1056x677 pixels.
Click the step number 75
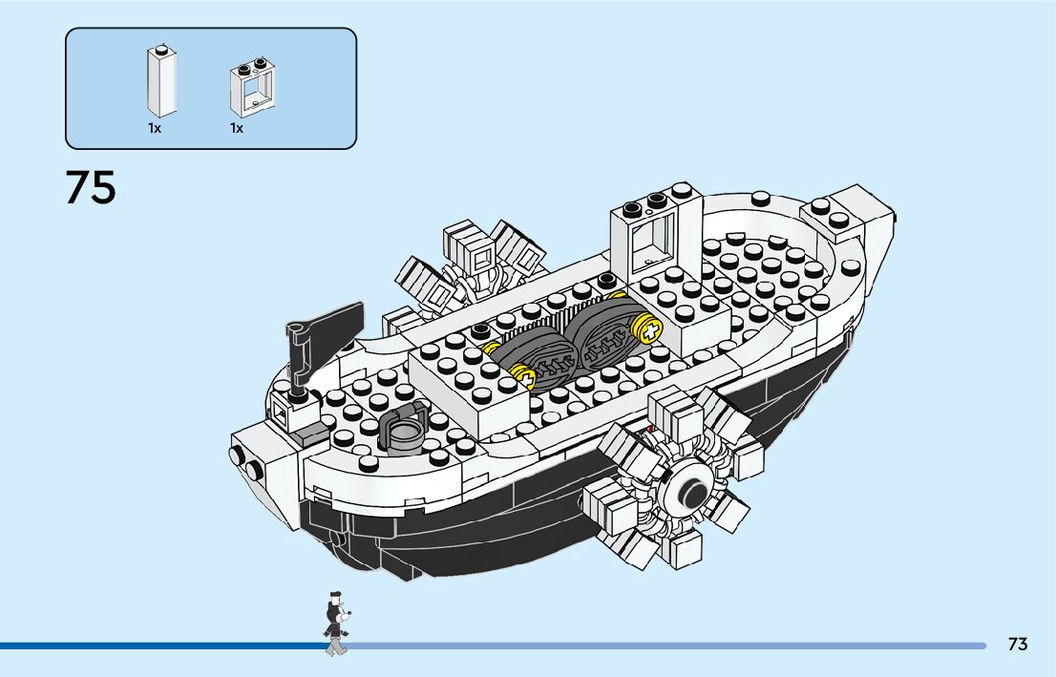click(x=91, y=187)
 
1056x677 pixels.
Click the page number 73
click(x=1018, y=645)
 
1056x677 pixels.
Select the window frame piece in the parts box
click(x=249, y=91)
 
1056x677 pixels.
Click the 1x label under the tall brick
click(x=155, y=128)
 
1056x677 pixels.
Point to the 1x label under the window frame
click(x=237, y=128)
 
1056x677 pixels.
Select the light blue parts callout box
click(x=211, y=88)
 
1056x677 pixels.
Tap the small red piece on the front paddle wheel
click(x=652, y=431)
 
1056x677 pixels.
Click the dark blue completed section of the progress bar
click(x=162, y=646)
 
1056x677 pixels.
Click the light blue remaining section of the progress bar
click(x=668, y=646)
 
